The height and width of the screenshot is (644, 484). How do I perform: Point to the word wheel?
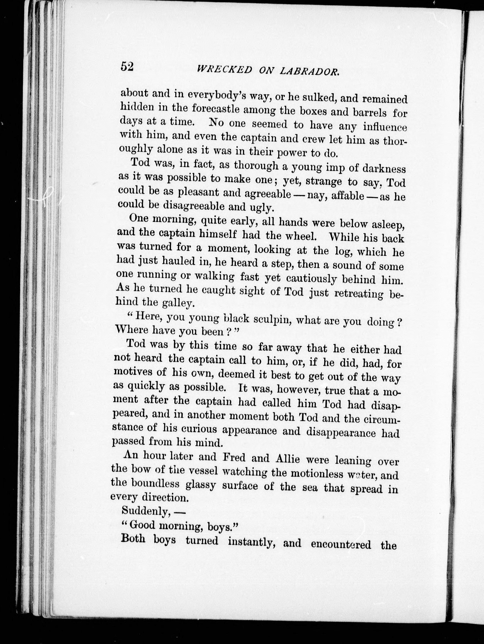click(301, 236)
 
